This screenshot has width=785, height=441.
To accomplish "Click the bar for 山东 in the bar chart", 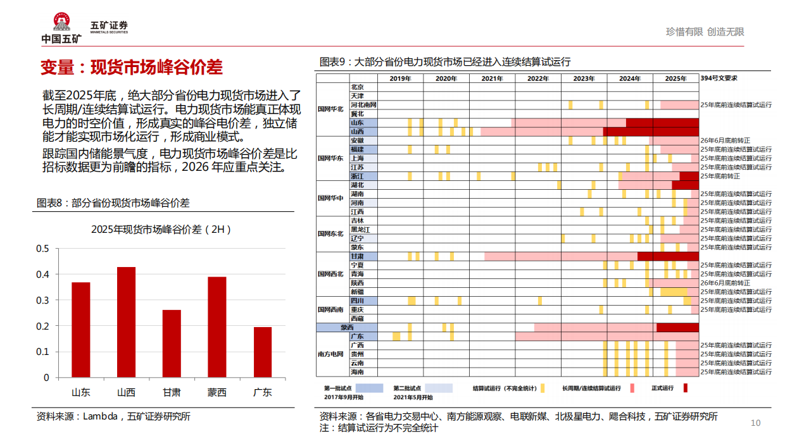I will click(x=80, y=330).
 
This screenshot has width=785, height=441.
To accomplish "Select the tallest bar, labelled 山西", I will click(x=126, y=322).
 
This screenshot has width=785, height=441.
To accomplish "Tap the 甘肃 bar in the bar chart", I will click(x=172, y=344).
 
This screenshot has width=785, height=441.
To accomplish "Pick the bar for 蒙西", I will click(x=217, y=327).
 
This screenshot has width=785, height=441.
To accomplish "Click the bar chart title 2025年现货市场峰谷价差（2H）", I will click(x=161, y=229).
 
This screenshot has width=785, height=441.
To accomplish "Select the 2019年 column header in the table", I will click(x=401, y=78).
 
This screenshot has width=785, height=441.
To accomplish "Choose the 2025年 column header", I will click(x=675, y=78).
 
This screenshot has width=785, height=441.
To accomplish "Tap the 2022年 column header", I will click(x=538, y=78).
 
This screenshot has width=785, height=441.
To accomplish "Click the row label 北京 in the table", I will click(x=357, y=87).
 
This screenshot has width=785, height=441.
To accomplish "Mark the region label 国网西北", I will click(x=330, y=274).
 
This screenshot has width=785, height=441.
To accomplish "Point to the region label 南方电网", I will click(x=330, y=354).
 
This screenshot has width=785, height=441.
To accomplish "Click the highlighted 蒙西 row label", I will click(x=347, y=328).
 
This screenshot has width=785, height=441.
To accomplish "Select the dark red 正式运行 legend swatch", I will click(x=686, y=388).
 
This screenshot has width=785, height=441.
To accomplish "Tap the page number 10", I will click(x=755, y=423).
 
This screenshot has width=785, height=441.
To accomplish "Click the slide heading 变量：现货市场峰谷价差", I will click(x=131, y=67).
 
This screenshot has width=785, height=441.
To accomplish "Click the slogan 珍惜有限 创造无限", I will click(x=705, y=32).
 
